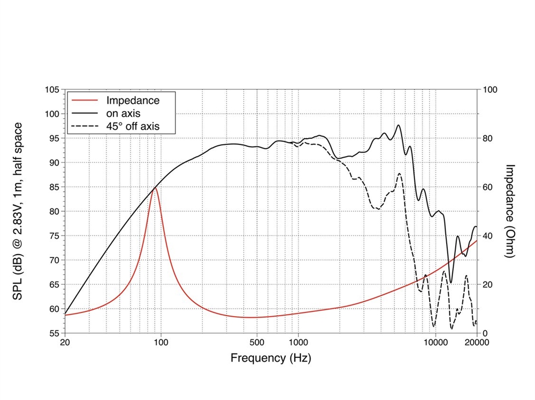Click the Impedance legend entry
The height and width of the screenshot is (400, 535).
[133, 100]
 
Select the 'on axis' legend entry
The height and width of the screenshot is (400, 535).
[124, 113]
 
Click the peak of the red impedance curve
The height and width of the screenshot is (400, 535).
[155, 187]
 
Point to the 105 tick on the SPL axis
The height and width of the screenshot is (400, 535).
[52, 90]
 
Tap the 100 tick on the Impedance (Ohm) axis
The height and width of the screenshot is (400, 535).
[490, 90]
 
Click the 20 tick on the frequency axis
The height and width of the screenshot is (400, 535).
[65, 342]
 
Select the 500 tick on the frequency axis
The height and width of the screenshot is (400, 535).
[257, 342]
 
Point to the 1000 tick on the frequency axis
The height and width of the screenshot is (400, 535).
[298, 342]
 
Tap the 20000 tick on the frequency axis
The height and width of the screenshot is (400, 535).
[476, 342]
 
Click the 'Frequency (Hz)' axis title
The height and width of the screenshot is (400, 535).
[271, 358]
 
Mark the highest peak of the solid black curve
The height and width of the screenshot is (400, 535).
[399, 125]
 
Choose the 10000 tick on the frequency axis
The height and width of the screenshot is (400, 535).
[435, 342]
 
